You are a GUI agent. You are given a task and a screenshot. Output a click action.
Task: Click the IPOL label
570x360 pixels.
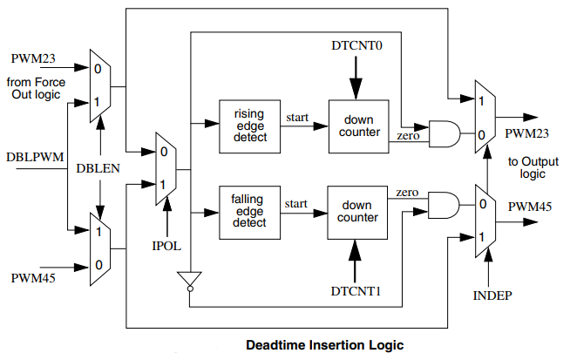166,246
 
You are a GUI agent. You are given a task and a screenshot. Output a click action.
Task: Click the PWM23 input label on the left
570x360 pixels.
36,58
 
